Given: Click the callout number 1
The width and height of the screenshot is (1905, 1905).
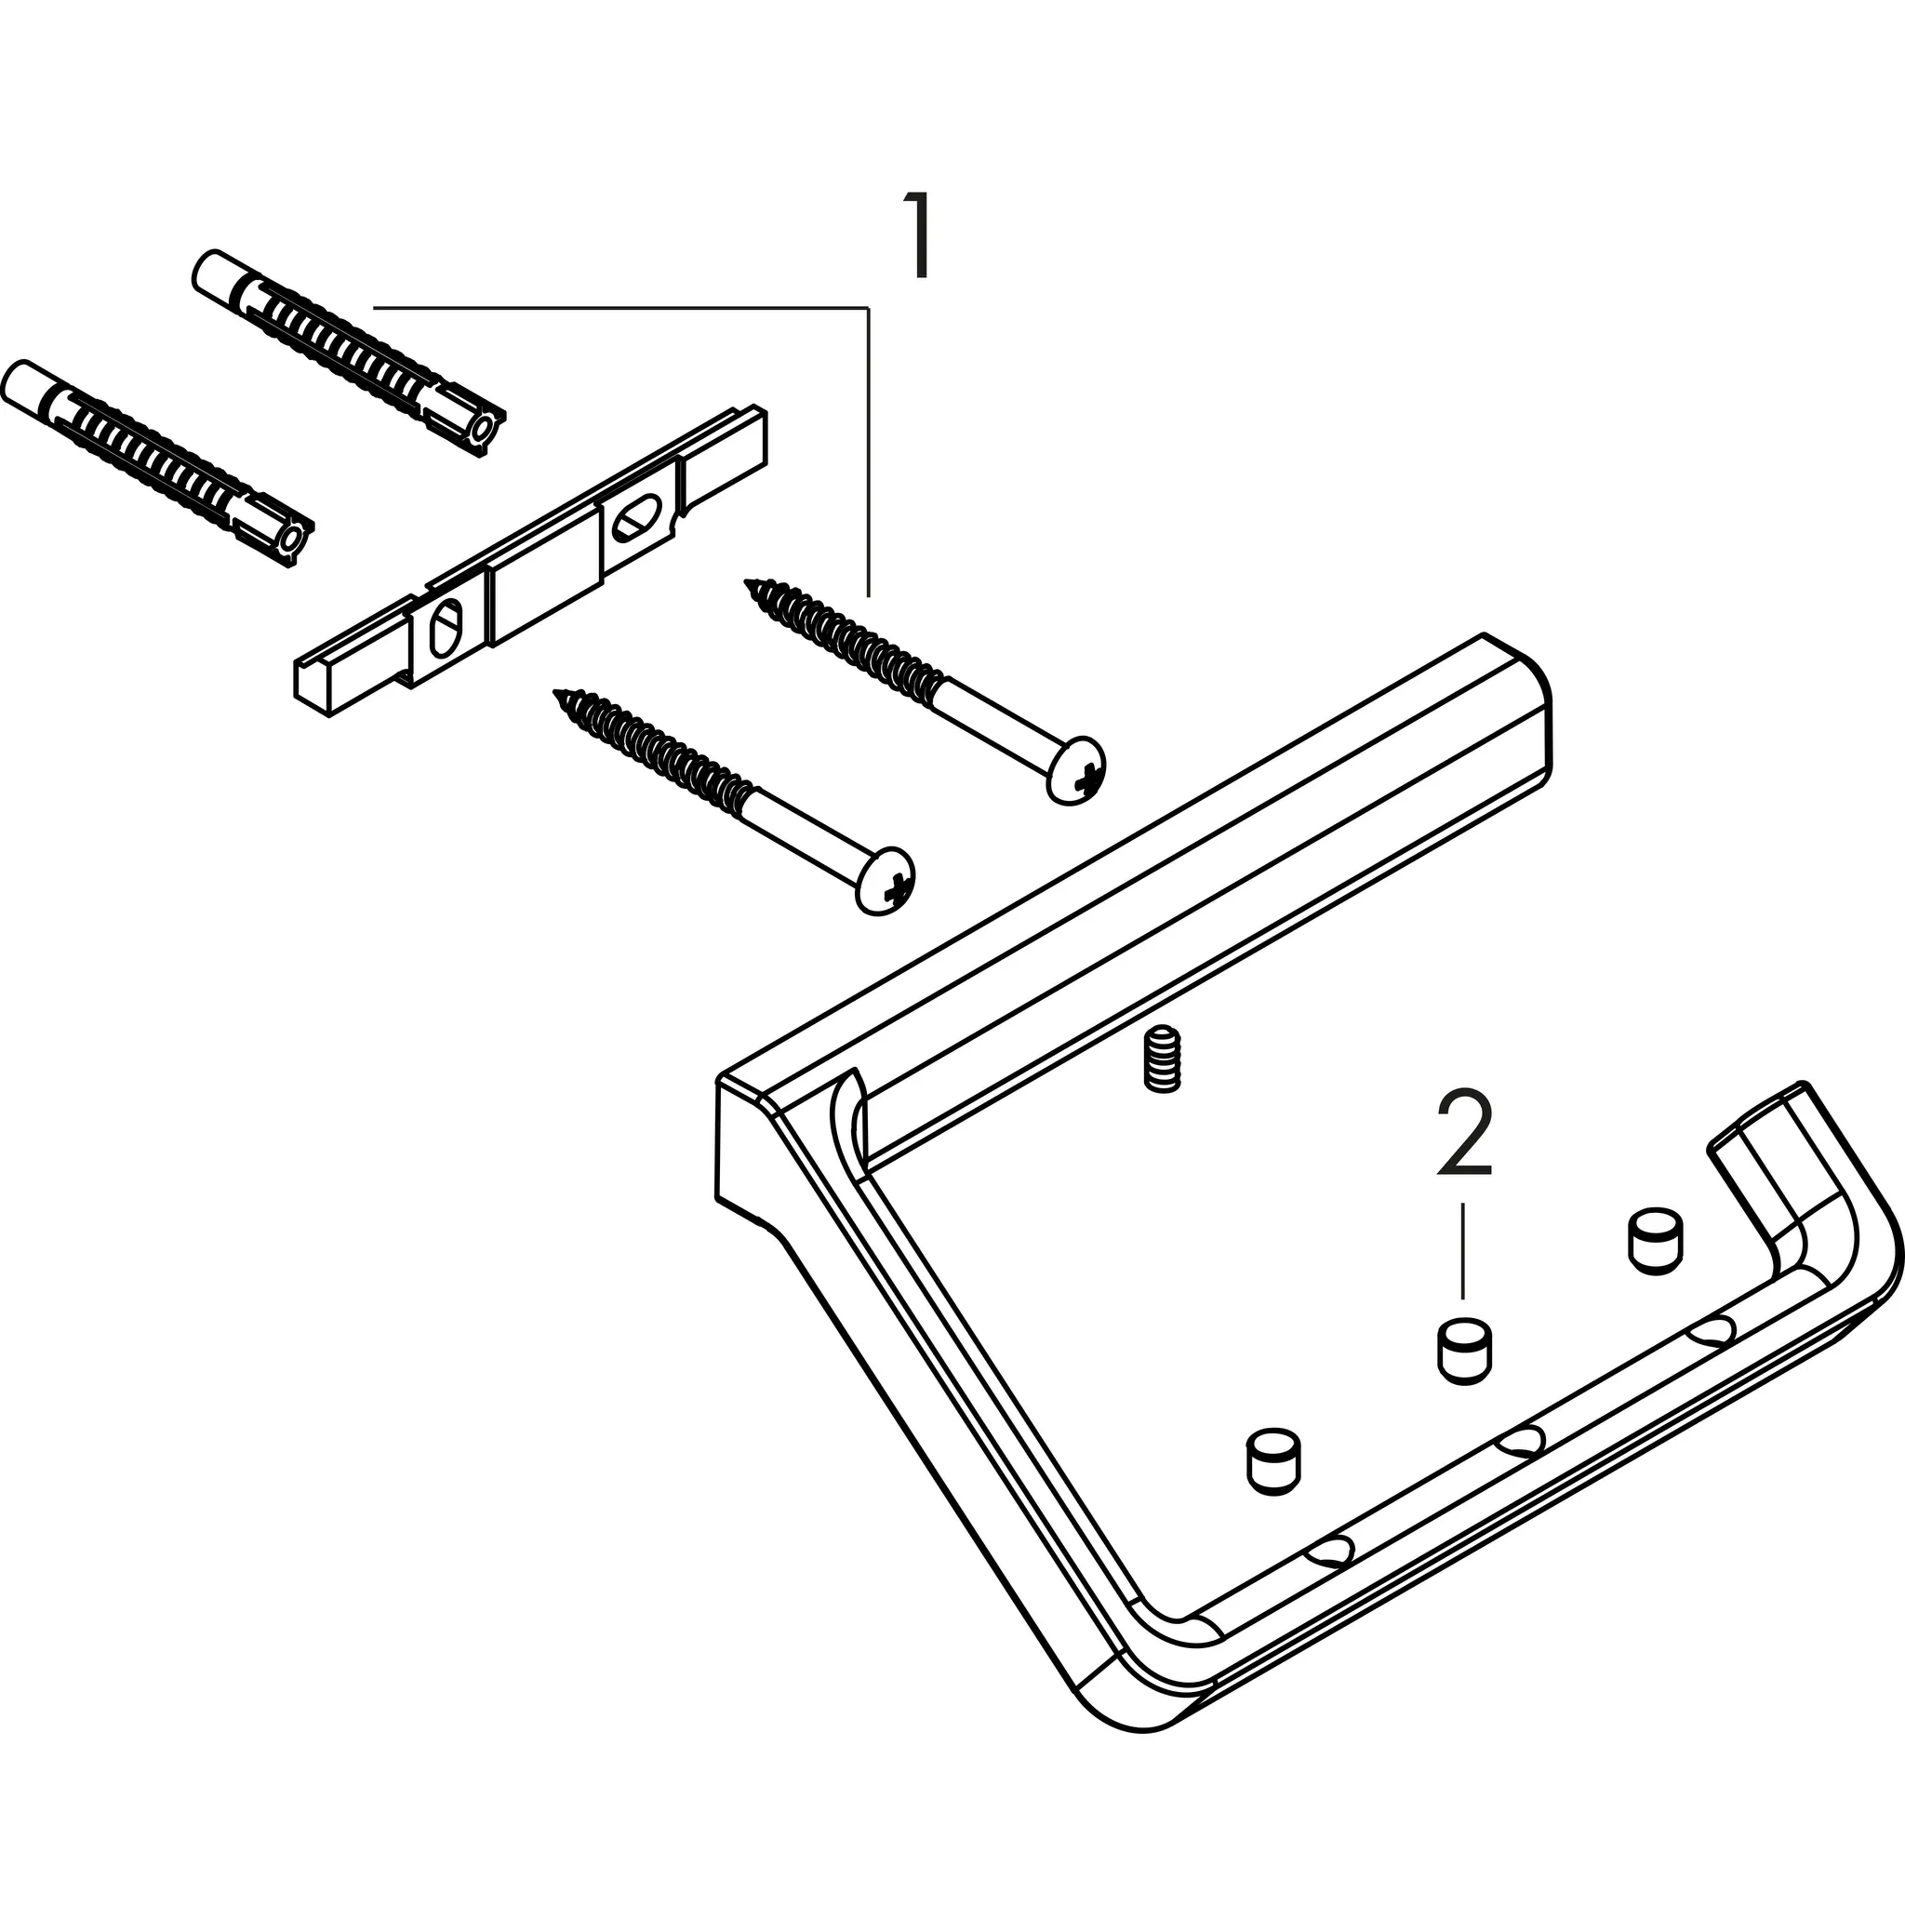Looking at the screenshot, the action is click(x=918, y=237).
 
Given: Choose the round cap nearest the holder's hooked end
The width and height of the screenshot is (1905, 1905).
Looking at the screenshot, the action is click(x=1653, y=1242).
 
